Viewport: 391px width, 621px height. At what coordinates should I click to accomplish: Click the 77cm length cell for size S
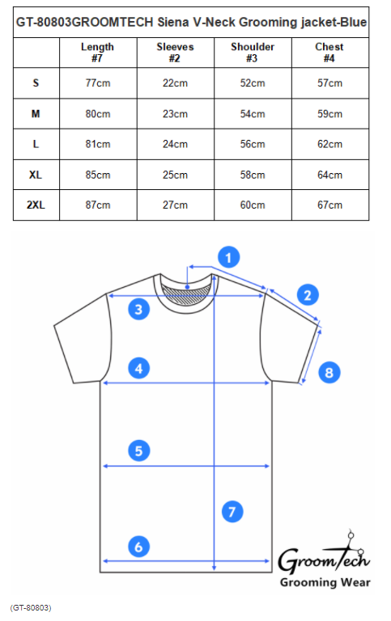[x=98, y=83]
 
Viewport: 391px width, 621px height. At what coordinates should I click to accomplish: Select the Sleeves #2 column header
[x=176, y=53]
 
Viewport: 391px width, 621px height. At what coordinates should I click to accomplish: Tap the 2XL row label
[x=36, y=205]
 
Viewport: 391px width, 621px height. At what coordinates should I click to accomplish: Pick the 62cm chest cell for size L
[x=330, y=144]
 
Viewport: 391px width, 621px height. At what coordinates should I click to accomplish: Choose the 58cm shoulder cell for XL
[x=253, y=175]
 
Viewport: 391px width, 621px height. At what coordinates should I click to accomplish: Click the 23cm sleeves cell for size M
[x=176, y=114]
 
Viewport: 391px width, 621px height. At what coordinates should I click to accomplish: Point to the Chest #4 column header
[x=329, y=53]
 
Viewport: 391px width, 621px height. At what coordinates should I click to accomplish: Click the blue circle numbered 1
[x=229, y=257]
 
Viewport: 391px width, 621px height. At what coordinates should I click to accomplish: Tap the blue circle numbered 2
[x=308, y=294]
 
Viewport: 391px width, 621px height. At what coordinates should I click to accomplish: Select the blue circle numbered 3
[x=138, y=309]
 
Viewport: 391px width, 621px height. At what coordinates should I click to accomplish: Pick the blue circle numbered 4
[x=138, y=369]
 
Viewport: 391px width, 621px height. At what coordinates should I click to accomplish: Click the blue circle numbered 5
[x=138, y=450]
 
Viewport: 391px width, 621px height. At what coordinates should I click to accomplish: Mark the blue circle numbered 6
[x=138, y=547]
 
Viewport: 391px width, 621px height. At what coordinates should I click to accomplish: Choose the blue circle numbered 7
[x=232, y=511]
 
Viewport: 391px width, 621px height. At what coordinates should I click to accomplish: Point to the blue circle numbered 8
[x=329, y=372]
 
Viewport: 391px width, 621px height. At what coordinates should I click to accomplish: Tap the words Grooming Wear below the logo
[x=325, y=582]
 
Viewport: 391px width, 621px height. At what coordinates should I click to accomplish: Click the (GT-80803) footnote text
[x=31, y=608]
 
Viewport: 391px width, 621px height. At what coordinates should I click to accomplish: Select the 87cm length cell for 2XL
[x=98, y=205]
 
